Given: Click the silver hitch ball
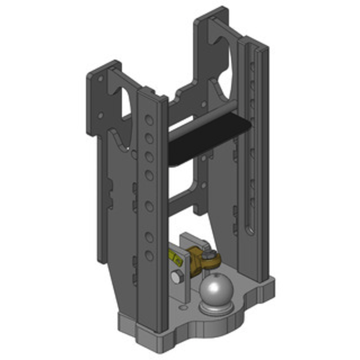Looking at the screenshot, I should click(215, 288).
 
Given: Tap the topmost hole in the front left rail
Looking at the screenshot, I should click(148, 121).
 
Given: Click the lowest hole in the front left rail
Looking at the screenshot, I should click(148, 255).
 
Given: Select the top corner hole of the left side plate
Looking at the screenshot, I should click(100, 78).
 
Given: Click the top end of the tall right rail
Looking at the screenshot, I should click(254, 43).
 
